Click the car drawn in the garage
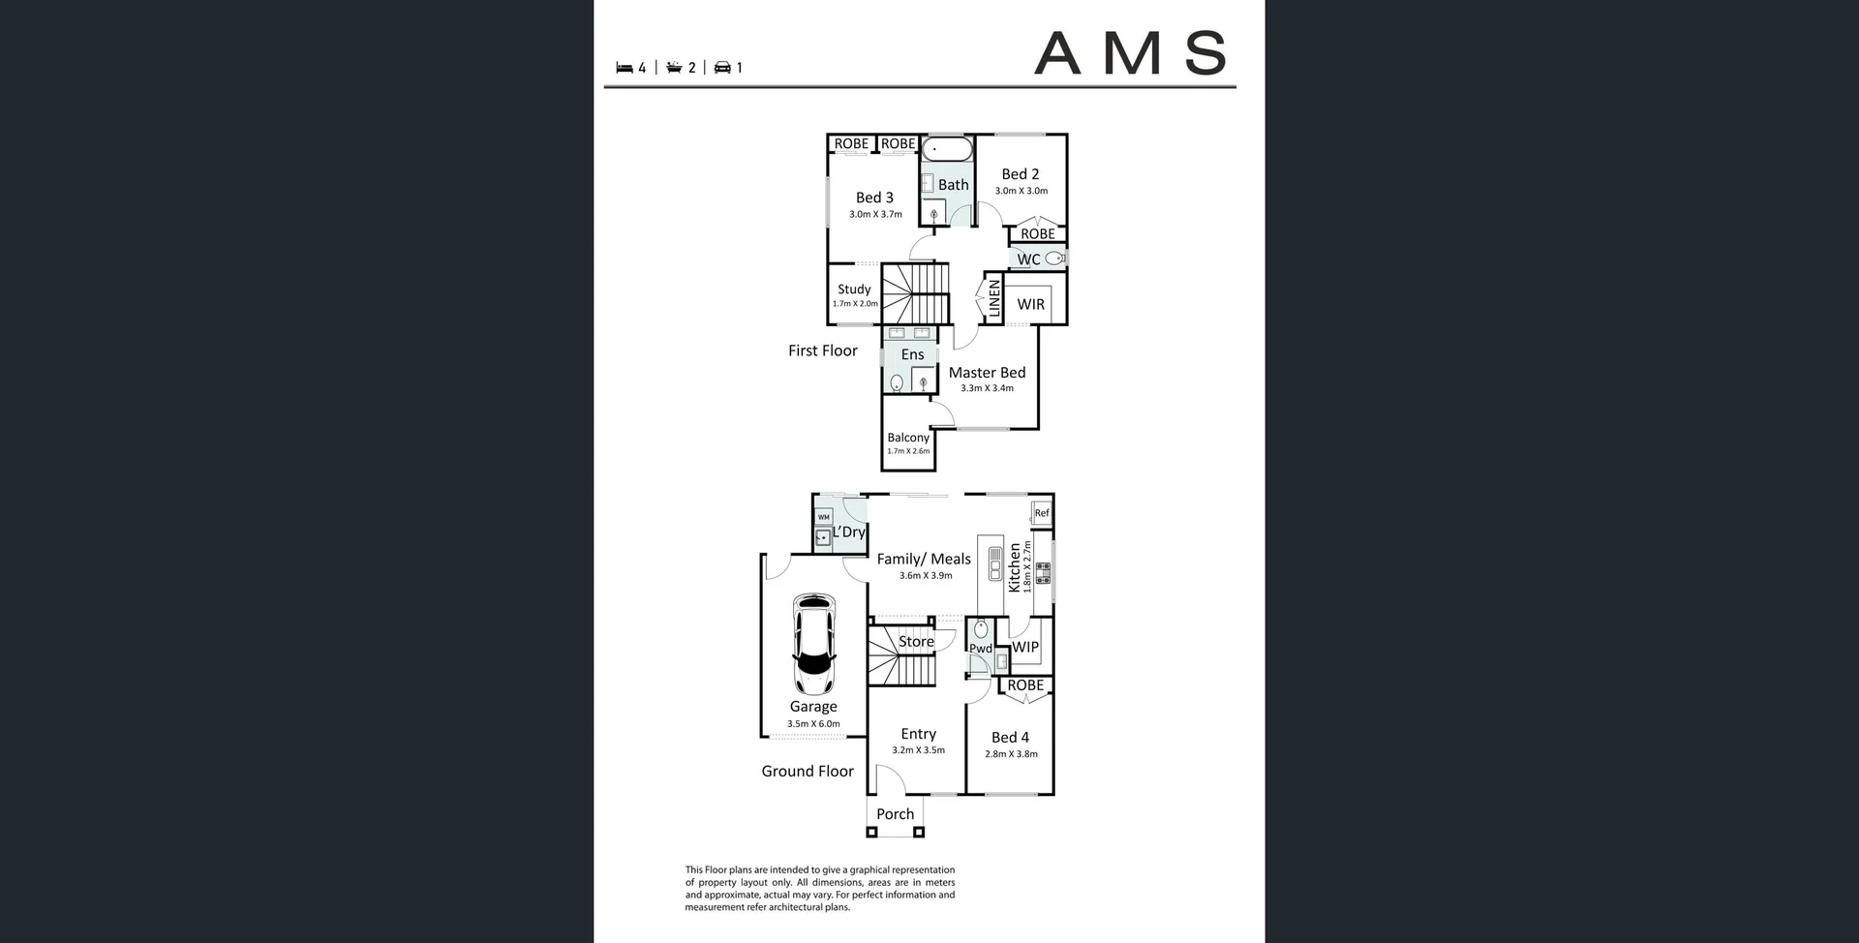813,643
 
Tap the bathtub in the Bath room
947,149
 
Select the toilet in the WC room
1054,259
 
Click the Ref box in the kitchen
1042,513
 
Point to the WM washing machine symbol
823,517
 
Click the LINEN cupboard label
993,299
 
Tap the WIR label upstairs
1030,304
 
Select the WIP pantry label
1024,647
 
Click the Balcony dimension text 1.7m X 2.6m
908,451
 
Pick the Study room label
854,289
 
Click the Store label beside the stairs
916,641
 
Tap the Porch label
895,814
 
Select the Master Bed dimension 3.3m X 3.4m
987,388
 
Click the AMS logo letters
1130,53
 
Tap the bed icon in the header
625,68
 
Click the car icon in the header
722,68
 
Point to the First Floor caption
822,350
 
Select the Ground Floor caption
807,771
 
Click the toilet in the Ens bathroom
897,383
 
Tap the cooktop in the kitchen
1043,573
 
